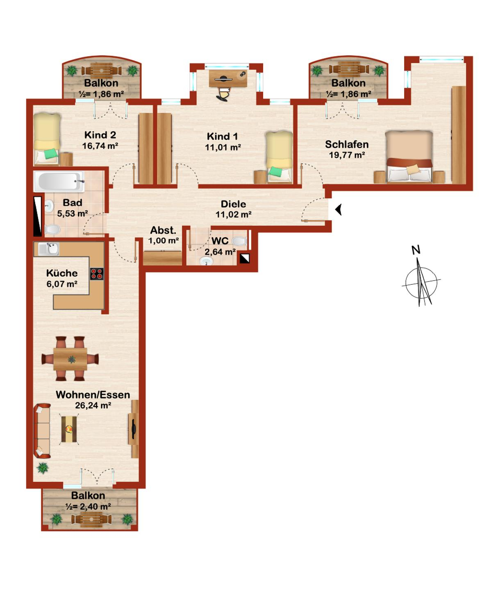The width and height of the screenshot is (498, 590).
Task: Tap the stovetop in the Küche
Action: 97,274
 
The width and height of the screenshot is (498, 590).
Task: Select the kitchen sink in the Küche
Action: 49,248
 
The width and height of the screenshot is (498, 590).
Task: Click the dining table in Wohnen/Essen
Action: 70,359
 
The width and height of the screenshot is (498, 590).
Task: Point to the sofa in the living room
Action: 42,431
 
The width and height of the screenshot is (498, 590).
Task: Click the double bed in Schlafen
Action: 409,157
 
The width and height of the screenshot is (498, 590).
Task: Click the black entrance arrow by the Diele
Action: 338,210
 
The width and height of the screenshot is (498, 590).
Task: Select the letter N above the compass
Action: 416,250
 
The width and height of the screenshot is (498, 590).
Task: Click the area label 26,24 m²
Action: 93,406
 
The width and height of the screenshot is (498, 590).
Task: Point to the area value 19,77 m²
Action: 347,155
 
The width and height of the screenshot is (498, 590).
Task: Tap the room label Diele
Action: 233,204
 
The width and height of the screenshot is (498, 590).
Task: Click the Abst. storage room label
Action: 163,230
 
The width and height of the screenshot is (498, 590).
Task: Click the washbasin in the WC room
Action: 207,261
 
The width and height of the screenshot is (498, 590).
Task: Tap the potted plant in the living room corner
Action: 42,467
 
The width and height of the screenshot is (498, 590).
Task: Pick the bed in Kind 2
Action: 47,138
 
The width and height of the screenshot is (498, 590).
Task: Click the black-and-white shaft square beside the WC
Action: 245,258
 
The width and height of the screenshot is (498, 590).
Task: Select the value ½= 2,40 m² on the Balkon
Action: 88,507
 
